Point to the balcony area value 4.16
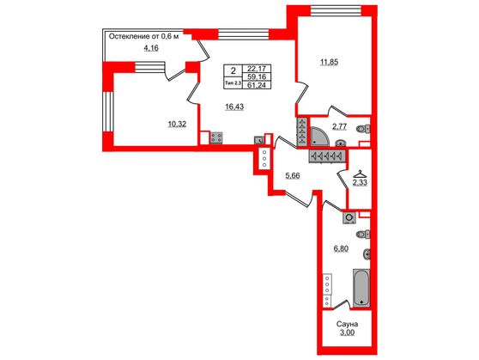coord(150,48)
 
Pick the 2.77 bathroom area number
coord(342,127)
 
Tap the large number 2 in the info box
coord(232,71)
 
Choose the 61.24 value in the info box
coord(256,85)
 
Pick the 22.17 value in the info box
coord(256,67)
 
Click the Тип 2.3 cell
coord(232,84)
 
